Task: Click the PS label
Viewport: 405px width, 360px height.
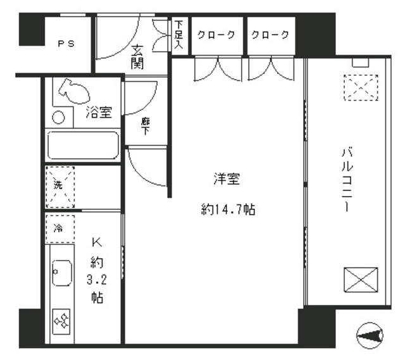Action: click(x=66, y=44)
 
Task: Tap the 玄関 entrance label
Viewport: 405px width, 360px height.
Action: click(x=137, y=57)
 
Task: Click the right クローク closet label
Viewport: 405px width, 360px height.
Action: click(x=271, y=35)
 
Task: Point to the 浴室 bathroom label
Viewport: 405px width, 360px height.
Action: click(x=99, y=113)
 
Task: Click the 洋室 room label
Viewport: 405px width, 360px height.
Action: click(x=226, y=180)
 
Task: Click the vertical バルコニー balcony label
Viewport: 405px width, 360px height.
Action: click(x=347, y=180)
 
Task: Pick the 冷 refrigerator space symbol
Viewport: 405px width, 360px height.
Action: click(x=59, y=228)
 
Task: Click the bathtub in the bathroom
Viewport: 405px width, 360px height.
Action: click(x=84, y=146)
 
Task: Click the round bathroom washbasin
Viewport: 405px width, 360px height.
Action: click(x=58, y=118)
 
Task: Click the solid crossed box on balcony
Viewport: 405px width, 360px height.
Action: click(x=360, y=280)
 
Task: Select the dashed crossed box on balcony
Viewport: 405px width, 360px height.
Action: click(x=359, y=87)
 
